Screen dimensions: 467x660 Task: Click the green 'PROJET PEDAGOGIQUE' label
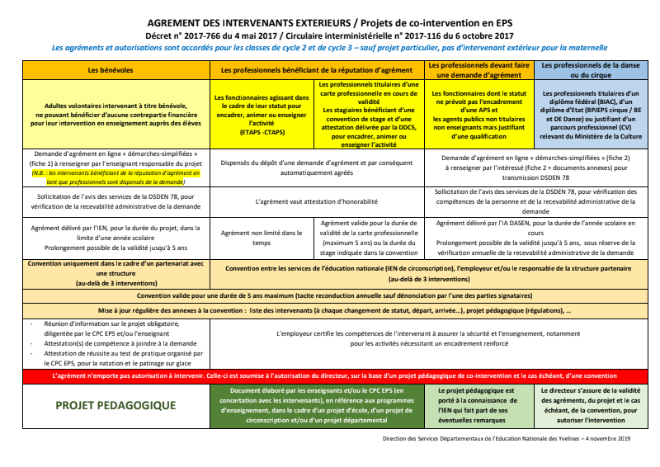coord(115,405)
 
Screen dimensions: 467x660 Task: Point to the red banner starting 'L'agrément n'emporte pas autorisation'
coord(330,375)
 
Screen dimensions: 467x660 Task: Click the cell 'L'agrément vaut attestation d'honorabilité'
coord(317,200)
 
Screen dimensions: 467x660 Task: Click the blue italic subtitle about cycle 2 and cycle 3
coord(329,48)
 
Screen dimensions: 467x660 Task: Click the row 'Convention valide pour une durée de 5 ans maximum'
coord(330,295)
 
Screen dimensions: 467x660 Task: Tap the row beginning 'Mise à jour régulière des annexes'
coord(330,311)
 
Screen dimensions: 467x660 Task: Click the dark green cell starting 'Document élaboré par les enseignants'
coord(317,405)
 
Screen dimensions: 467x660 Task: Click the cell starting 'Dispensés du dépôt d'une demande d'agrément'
coord(317,168)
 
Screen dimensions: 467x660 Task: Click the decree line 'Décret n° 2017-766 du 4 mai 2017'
coord(329,36)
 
